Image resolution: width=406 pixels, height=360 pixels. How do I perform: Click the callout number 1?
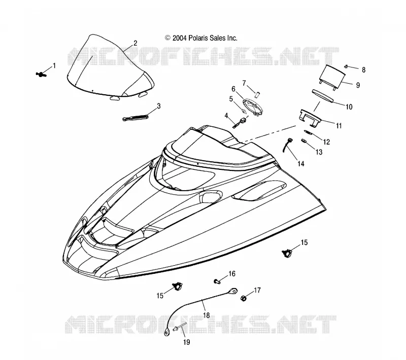coord(54,66)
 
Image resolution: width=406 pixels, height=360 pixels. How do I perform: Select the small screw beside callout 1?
coord(41,75)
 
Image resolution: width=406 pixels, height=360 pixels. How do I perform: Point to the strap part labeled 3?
coord(135,118)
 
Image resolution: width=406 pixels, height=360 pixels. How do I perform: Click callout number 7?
coord(244,83)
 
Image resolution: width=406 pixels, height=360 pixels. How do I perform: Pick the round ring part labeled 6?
coord(253,106)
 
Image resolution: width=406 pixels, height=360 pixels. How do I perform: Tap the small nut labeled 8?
coord(346,67)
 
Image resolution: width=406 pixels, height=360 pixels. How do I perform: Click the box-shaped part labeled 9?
coord(332,77)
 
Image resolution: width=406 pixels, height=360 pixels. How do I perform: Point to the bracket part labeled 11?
coord(310,118)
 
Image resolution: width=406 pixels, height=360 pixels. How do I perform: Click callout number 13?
coord(319,152)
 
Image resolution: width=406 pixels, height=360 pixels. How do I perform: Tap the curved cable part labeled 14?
coord(287,145)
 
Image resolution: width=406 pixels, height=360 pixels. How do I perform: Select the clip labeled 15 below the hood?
coord(177,286)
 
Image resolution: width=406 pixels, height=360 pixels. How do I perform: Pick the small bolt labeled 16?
coord(217,281)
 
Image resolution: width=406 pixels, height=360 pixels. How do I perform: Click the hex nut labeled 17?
coord(243,298)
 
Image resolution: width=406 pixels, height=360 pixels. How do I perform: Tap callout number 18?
coord(207,315)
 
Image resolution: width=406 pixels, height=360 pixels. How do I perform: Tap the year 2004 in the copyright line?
coord(180,38)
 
